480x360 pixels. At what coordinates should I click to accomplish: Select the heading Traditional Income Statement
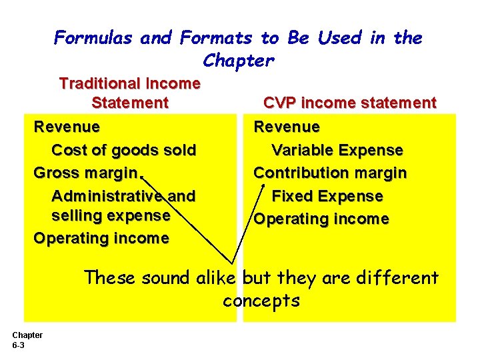pos(130,93)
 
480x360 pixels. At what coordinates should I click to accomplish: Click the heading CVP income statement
pos(349,103)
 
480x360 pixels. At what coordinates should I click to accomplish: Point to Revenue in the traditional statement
pos(67,127)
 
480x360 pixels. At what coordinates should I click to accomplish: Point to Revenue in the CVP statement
pos(287,127)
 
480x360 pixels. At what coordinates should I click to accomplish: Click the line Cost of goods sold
pos(123,150)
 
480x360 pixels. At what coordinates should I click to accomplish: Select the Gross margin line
pos(85,173)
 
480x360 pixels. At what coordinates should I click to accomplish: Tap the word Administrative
pos(106,196)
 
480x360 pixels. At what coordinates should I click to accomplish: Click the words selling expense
pos(111,216)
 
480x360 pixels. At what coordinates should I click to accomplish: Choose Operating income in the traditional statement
pos(101,239)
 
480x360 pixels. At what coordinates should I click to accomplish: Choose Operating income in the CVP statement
pos(321,219)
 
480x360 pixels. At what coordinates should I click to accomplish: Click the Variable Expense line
pos(337,150)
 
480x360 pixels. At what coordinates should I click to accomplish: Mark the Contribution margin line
pos(330,173)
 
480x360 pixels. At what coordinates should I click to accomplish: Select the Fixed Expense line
pos(327,196)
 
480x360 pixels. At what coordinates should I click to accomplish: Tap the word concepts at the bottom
pos(261,301)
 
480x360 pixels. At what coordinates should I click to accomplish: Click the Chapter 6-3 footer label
pos(27,340)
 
